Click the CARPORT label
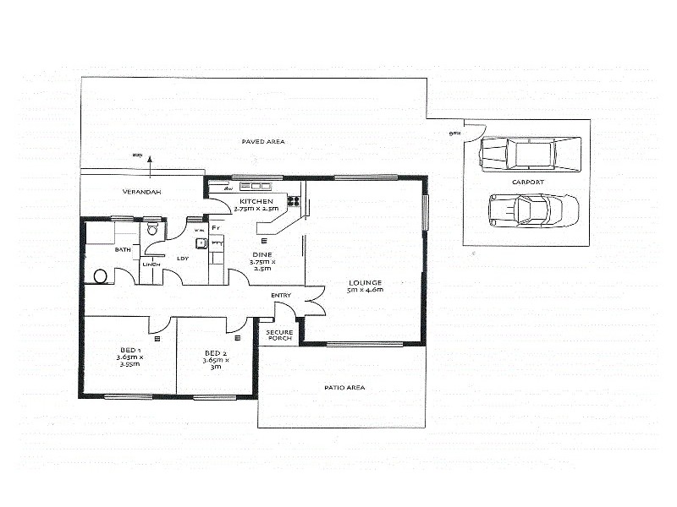coord(527,182)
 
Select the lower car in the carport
coord(533,210)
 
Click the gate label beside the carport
coord(454,133)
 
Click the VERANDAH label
coord(141,193)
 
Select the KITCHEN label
coord(256,201)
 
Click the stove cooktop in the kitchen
coord(294,200)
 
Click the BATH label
coord(123,249)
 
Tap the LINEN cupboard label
coord(151,264)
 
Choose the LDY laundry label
coord(182,259)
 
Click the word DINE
coord(261,253)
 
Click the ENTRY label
coord(281,295)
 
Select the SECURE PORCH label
coord(279,335)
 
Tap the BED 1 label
coord(129,349)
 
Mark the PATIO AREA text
coord(344,388)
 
